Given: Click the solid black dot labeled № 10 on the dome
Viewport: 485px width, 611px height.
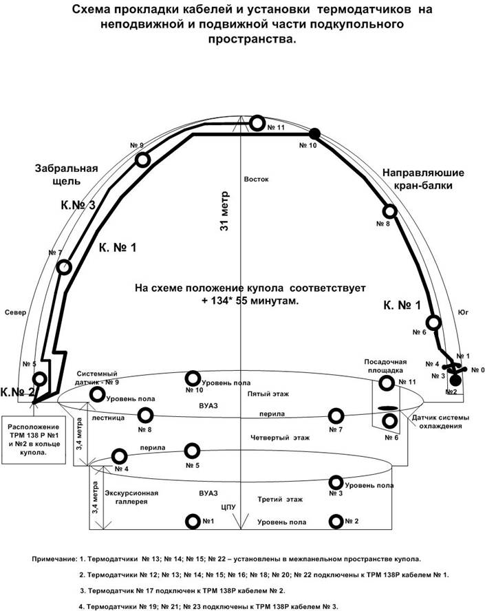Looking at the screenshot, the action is (x=314, y=134).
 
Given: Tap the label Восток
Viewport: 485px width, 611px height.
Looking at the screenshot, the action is (x=256, y=180).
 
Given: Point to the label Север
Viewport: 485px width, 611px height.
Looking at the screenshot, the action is (x=16, y=312).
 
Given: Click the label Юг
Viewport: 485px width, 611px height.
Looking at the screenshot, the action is (x=463, y=312).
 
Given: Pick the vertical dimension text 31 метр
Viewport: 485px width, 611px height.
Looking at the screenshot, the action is (x=225, y=211).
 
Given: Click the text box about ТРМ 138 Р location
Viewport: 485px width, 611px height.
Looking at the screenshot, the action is (x=34, y=440).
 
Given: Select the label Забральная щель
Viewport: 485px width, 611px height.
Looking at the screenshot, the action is (x=66, y=175).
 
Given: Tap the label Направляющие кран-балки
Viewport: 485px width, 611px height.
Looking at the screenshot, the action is (x=423, y=179).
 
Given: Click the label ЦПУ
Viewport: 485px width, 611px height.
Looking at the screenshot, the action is (x=228, y=507).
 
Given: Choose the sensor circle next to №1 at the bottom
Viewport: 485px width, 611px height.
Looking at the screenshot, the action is (x=193, y=522).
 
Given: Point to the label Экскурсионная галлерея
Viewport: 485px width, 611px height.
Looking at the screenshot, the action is (x=131, y=497).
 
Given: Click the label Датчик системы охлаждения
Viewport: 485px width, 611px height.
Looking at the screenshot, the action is (x=440, y=422).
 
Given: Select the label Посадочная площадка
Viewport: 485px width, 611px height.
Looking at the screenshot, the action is (x=385, y=366).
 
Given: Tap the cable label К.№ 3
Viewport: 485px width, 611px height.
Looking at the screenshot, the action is (x=78, y=205).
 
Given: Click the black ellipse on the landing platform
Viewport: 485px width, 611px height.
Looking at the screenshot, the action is (x=389, y=407).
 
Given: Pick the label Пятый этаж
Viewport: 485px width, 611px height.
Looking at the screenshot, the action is (x=268, y=394).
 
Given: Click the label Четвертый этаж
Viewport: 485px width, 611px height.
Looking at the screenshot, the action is (x=280, y=438).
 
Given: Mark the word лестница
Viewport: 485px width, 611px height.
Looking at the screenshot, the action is (x=108, y=418).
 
